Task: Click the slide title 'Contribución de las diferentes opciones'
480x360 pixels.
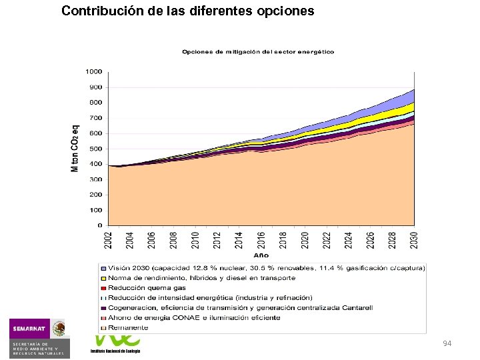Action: point(187,11)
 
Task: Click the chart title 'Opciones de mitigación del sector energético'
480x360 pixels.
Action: point(258,52)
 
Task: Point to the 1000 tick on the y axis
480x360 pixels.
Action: point(93,71)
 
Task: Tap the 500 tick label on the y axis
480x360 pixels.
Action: point(95,149)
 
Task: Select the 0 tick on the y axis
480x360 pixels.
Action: point(99,225)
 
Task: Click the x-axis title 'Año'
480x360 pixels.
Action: point(261,255)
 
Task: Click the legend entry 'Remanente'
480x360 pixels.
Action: point(130,327)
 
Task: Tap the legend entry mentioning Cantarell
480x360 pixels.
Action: point(240,307)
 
